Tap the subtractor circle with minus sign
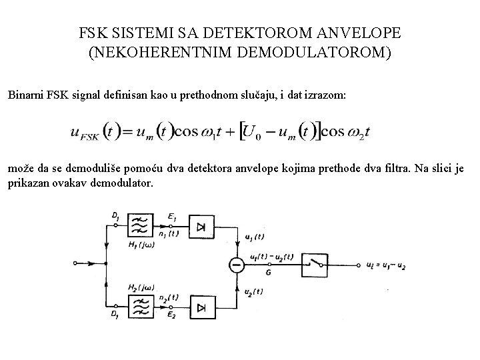tap(236, 265)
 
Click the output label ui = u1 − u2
tap(386, 265)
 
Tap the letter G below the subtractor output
tap(267, 272)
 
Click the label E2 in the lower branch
tap(171, 316)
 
